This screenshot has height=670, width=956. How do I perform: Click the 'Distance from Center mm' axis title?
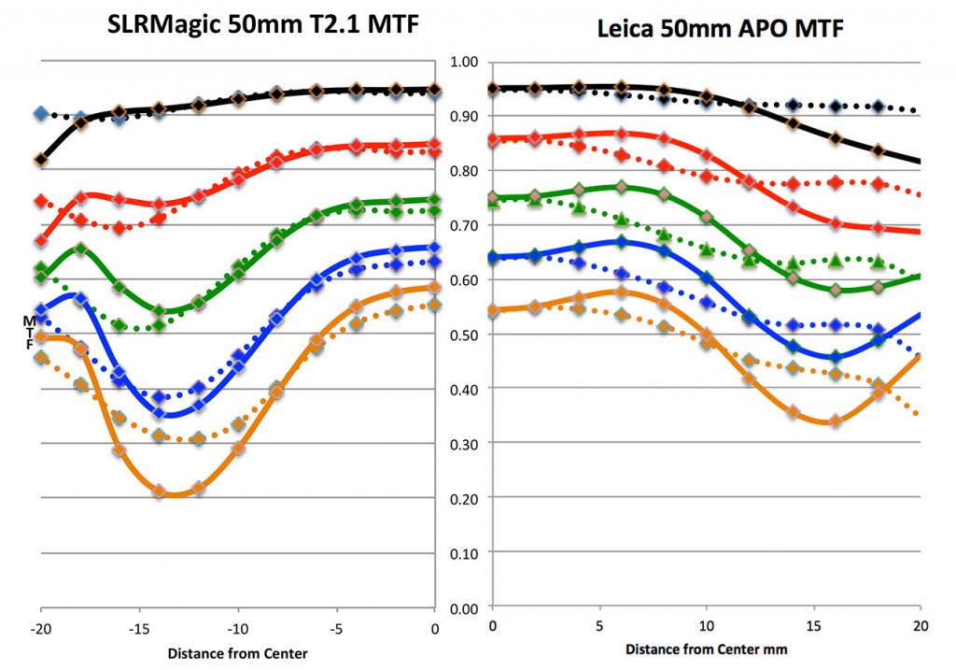(707, 649)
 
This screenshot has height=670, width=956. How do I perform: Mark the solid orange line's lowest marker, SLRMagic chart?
(159, 491)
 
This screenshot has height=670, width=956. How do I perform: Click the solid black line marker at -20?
(41, 160)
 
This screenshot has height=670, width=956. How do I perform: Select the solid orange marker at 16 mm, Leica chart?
(835, 421)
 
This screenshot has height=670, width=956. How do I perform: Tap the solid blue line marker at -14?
(159, 412)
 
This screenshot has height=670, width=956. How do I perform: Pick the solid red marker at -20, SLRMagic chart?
(41, 241)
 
